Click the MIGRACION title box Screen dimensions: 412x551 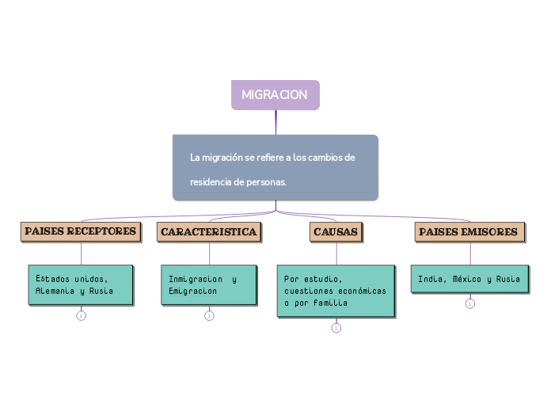pyautogui.click(x=275, y=95)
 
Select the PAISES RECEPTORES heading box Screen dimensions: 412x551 pyautogui.click(x=81, y=231)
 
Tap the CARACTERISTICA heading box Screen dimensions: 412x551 pyautogui.click(x=209, y=231)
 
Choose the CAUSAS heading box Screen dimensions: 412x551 pyautogui.click(x=336, y=231)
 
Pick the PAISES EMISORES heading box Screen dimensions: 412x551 pyautogui.click(x=469, y=231)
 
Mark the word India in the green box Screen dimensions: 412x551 pyautogui.click(x=430, y=280)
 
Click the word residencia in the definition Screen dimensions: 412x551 pyautogui.click(x=211, y=182)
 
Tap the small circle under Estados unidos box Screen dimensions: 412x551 pyautogui.click(x=81, y=316)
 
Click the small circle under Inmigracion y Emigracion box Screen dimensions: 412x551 pyautogui.click(x=209, y=316)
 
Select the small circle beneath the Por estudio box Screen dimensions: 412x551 pyautogui.click(x=336, y=328)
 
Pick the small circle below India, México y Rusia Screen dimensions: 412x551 pyautogui.click(x=470, y=303)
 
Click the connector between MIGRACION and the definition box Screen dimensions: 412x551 pyautogui.click(x=275, y=122)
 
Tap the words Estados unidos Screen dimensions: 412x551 pyautogui.click(x=71, y=280)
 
